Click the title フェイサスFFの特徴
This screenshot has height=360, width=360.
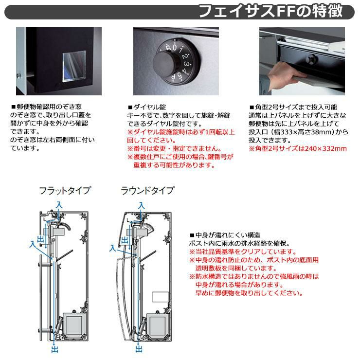point(271,11)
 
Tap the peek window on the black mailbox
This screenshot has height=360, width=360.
point(74,66)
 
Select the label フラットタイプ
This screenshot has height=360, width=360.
point(65,191)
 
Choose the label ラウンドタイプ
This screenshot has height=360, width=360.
point(147,191)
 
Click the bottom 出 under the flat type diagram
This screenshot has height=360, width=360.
point(54,349)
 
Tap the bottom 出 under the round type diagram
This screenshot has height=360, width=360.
point(139,349)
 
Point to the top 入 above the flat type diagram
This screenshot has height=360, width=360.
point(59,204)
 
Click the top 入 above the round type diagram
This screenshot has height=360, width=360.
point(142,205)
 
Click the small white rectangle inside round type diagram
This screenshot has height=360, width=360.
point(160,297)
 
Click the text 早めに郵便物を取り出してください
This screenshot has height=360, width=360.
point(249,293)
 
